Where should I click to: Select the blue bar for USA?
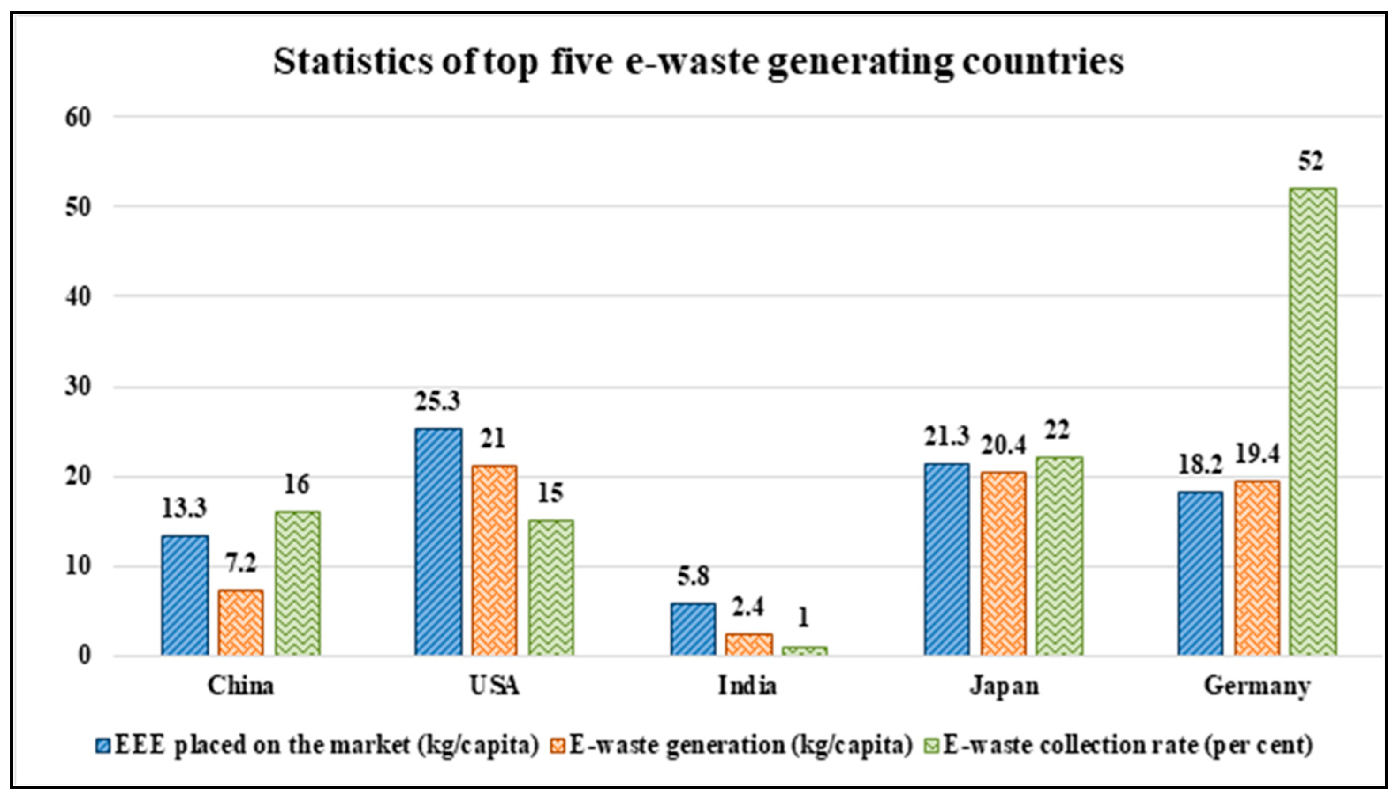tap(438, 542)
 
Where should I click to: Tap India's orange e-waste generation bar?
tap(748, 645)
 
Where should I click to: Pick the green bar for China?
tap(297, 583)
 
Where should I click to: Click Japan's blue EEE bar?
tap(947, 559)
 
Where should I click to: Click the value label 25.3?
tap(437, 402)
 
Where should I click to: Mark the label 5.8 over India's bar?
tap(693, 576)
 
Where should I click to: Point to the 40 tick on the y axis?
tap(77, 297)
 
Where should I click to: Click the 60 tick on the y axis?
tap(77, 118)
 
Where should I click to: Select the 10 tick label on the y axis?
tap(77, 566)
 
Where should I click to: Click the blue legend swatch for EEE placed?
tap(103, 746)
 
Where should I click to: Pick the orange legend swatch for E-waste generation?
tap(558, 746)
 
